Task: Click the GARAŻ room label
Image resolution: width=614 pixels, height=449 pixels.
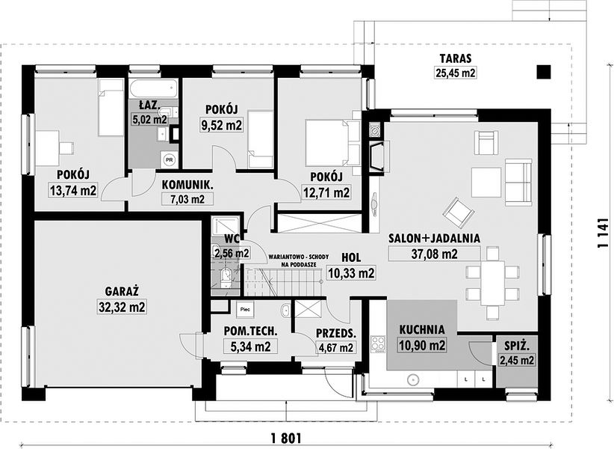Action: (123, 291)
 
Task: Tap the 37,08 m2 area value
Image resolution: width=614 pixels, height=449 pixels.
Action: (434, 254)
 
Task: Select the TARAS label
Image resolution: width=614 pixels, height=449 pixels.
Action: (456, 59)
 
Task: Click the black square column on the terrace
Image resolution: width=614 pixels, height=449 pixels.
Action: (544, 72)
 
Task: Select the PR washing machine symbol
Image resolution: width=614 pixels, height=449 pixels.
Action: (169, 159)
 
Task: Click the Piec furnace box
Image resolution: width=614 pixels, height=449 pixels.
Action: (246, 308)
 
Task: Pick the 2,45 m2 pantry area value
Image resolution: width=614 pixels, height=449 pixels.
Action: (516, 360)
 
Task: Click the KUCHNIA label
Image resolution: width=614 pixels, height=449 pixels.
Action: (422, 329)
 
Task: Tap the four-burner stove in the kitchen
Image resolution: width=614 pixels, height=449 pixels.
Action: (378, 343)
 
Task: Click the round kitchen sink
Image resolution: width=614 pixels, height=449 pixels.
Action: (412, 379)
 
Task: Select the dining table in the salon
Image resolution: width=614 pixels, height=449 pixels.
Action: (492, 283)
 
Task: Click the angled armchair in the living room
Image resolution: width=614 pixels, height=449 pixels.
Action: (459, 212)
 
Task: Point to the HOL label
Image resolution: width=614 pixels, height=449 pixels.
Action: (351, 257)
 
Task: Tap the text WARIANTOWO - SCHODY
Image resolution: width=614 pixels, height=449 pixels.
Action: (299, 257)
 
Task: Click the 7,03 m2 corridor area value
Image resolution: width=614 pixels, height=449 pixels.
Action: (188, 199)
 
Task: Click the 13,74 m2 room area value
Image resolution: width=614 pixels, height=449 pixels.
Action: (73, 191)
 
